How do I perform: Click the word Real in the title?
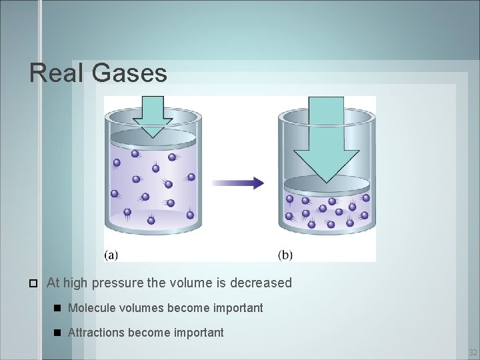click(x=57, y=73)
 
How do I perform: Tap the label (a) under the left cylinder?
click(x=111, y=255)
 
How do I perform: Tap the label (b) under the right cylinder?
click(x=285, y=255)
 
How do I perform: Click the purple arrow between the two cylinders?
click(x=238, y=183)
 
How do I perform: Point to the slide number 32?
click(x=472, y=352)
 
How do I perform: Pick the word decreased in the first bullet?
click(x=261, y=283)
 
